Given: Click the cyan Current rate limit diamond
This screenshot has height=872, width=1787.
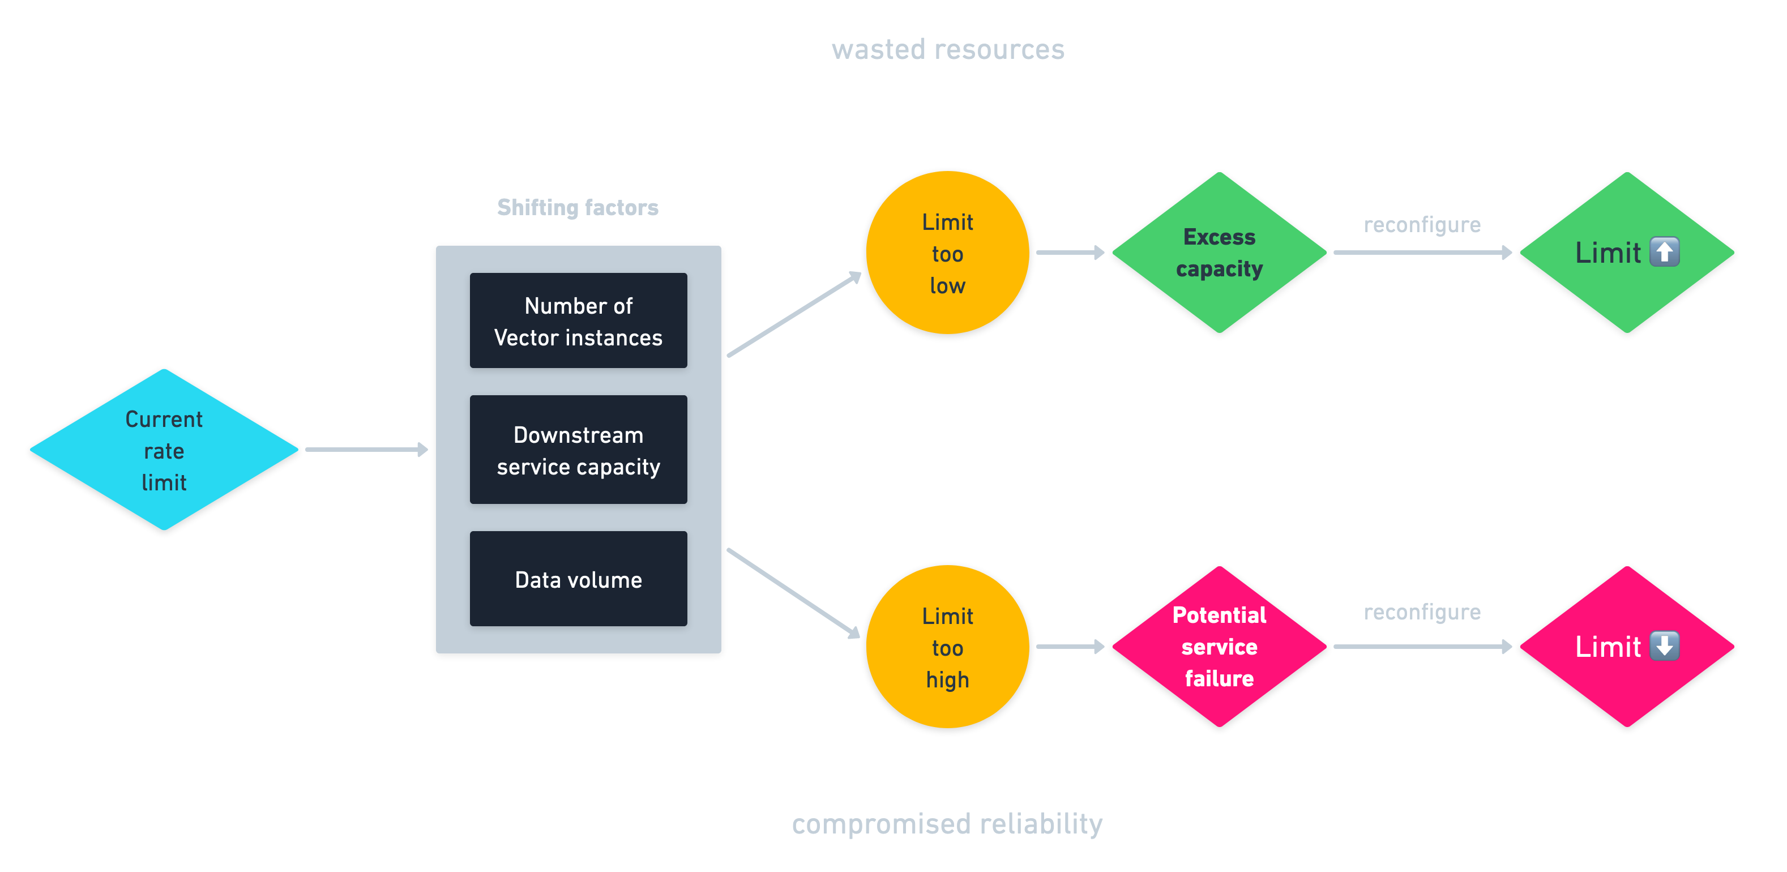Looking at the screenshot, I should pos(164,450).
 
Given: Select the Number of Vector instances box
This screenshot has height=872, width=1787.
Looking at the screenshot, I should pos(578,321).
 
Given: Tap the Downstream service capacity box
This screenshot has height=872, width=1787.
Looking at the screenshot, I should pos(578,450).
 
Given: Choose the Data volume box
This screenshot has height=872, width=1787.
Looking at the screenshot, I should pos(578,579).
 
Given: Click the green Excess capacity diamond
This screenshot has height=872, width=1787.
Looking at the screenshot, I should pos(1219,253).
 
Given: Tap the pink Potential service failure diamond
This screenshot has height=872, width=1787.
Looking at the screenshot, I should pos(1219,647).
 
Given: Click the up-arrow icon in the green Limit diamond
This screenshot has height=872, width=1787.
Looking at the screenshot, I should pos(1664,252).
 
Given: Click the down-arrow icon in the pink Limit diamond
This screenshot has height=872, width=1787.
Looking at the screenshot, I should pos(1664,646).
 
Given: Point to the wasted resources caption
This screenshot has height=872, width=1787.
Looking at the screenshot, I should pos(948,50).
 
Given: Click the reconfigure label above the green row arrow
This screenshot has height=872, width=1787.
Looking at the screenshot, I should pos(1422,225).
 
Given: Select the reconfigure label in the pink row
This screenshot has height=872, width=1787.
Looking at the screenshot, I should pos(1422,612).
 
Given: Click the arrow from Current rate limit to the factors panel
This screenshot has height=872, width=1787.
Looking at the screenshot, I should pos(366,450).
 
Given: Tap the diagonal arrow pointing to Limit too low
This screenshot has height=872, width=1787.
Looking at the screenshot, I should pos(794,315).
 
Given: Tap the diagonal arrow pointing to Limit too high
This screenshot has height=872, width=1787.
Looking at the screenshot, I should pos(794,593).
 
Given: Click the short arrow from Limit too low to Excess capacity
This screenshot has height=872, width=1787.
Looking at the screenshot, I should pos(1070,253).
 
